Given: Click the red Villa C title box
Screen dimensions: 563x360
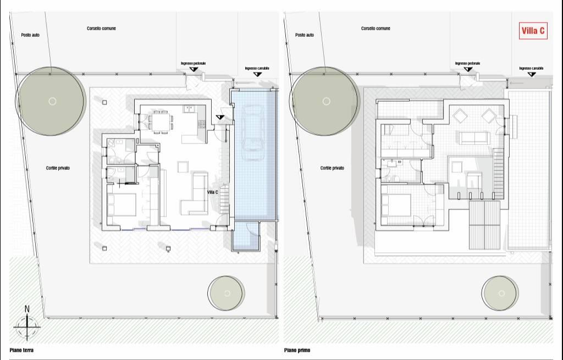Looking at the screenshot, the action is [x=533, y=31].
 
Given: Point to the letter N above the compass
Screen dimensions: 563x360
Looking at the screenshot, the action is [x=27, y=309].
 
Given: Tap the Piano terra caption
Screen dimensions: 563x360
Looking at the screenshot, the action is [x=21, y=350].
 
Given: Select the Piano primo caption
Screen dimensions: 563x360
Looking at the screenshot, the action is [x=297, y=350].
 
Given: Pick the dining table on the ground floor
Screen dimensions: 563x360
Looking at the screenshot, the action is [x=161, y=121].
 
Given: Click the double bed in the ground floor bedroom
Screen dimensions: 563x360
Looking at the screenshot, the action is [x=122, y=204].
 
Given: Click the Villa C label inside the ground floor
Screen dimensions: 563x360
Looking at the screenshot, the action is [x=213, y=192].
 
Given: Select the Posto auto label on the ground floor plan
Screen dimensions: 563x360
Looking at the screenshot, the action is [x=30, y=35].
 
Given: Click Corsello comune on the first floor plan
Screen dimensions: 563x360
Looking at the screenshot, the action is [x=376, y=29].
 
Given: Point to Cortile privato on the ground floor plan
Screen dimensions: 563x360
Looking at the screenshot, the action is [x=58, y=168].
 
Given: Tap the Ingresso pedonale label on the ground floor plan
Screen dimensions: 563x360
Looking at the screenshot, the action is [x=193, y=64].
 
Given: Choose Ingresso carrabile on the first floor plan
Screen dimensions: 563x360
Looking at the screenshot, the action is [x=531, y=68].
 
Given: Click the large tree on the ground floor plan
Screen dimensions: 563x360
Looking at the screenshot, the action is [x=50, y=101].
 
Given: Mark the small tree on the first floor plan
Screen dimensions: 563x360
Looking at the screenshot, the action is [x=500, y=293].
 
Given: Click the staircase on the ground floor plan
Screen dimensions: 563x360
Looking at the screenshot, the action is [x=224, y=200].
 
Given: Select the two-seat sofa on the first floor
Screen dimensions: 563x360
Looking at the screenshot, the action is [x=474, y=138].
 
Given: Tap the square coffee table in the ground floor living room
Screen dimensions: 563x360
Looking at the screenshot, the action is [x=183, y=167].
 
